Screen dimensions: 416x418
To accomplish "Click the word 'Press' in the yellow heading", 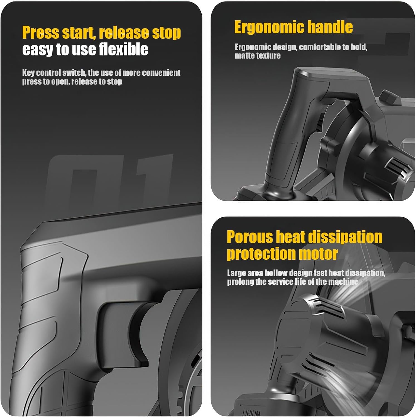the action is coord(41,33).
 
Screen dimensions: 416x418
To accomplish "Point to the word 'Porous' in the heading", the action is coord(250,237).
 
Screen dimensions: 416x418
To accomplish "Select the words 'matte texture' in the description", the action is coord(258,56).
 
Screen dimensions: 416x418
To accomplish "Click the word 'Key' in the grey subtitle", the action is coord(28,73).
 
